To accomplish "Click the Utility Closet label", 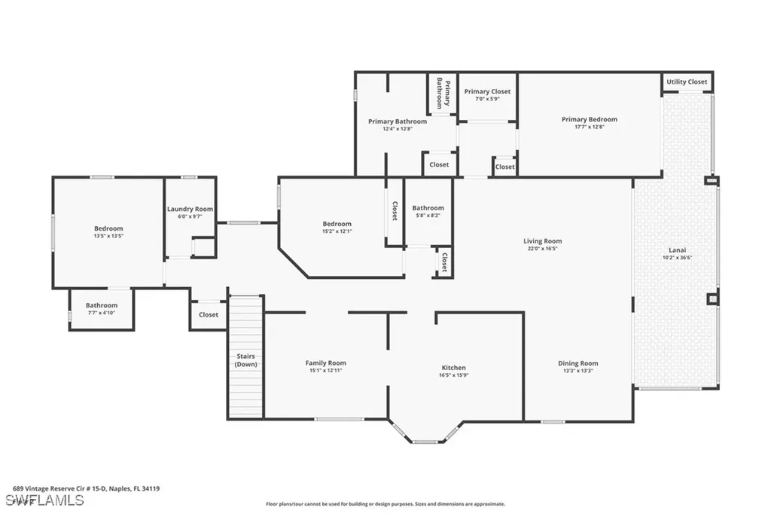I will (x=687, y=81).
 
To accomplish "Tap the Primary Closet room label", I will (x=487, y=91).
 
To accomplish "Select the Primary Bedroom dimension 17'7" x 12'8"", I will (x=589, y=127).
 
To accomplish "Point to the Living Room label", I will (x=542, y=241).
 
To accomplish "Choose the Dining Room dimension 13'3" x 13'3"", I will (x=577, y=371).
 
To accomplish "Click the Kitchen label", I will (x=453, y=368).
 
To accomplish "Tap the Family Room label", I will (x=325, y=363).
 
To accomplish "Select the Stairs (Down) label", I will (x=245, y=359).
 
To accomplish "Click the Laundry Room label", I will (x=190, y=209).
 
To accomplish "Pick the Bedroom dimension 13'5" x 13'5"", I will (x=108, y=236).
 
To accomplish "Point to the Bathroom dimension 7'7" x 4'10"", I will (x=101, y=314).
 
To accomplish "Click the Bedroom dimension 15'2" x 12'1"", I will (x=337, y=231).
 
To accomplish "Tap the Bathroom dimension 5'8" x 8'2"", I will (x=428, y=215).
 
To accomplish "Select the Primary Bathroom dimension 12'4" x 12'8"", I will (x=397, y=128).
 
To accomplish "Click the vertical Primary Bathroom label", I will (x=443, y=93).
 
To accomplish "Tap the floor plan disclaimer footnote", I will (x=385, y=504).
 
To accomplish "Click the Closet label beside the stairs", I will (x=209, y=314).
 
